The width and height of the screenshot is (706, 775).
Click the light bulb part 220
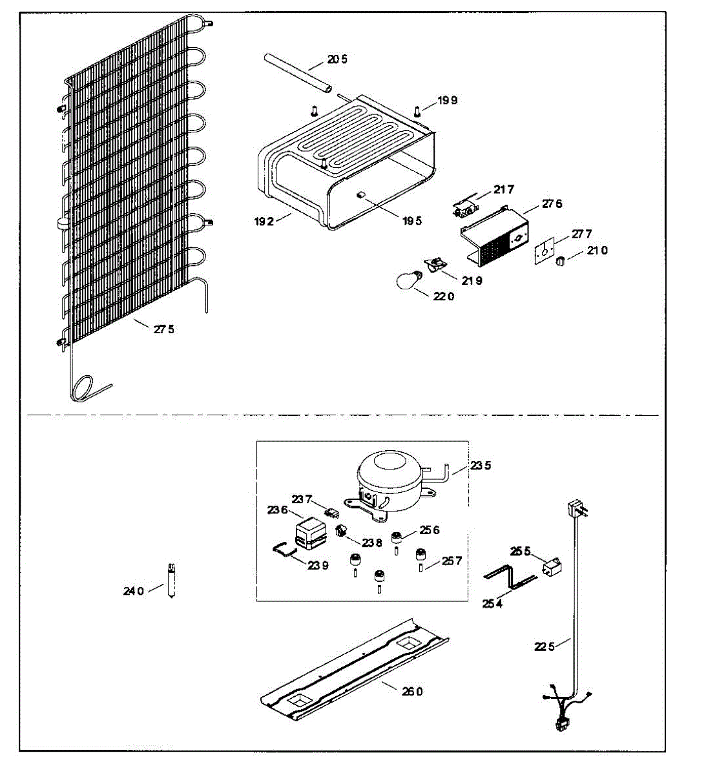pos(408,279)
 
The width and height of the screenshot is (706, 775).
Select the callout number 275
pos(164,329)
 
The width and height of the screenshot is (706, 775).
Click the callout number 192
pos(265,221)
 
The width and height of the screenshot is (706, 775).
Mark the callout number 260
pos(412,692)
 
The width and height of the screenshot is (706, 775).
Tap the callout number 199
pos(448,101)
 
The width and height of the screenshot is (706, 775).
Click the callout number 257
pos(452,561)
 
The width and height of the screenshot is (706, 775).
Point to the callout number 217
pos(504,189)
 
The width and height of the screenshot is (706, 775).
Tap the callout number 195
pos(412,221)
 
